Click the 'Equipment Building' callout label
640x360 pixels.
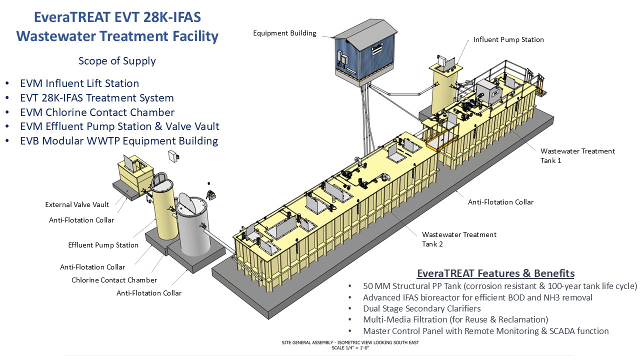tap(284, 33)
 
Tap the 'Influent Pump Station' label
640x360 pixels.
tap(508, 39)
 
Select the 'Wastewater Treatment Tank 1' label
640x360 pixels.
tap(577, 155)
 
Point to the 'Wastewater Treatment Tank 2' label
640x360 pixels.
tap(459, 239)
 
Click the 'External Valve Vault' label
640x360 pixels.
tap(77, 204)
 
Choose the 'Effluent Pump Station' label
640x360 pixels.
tap(103, 245)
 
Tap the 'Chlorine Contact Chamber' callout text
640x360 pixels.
tap(114, 280)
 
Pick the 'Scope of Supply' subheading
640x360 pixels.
tap(117, 61)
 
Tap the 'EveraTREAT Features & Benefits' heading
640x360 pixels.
tap(495, 273)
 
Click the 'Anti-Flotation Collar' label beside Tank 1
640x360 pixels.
tap(500, 202)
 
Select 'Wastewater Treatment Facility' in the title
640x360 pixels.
tap(117, 36)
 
